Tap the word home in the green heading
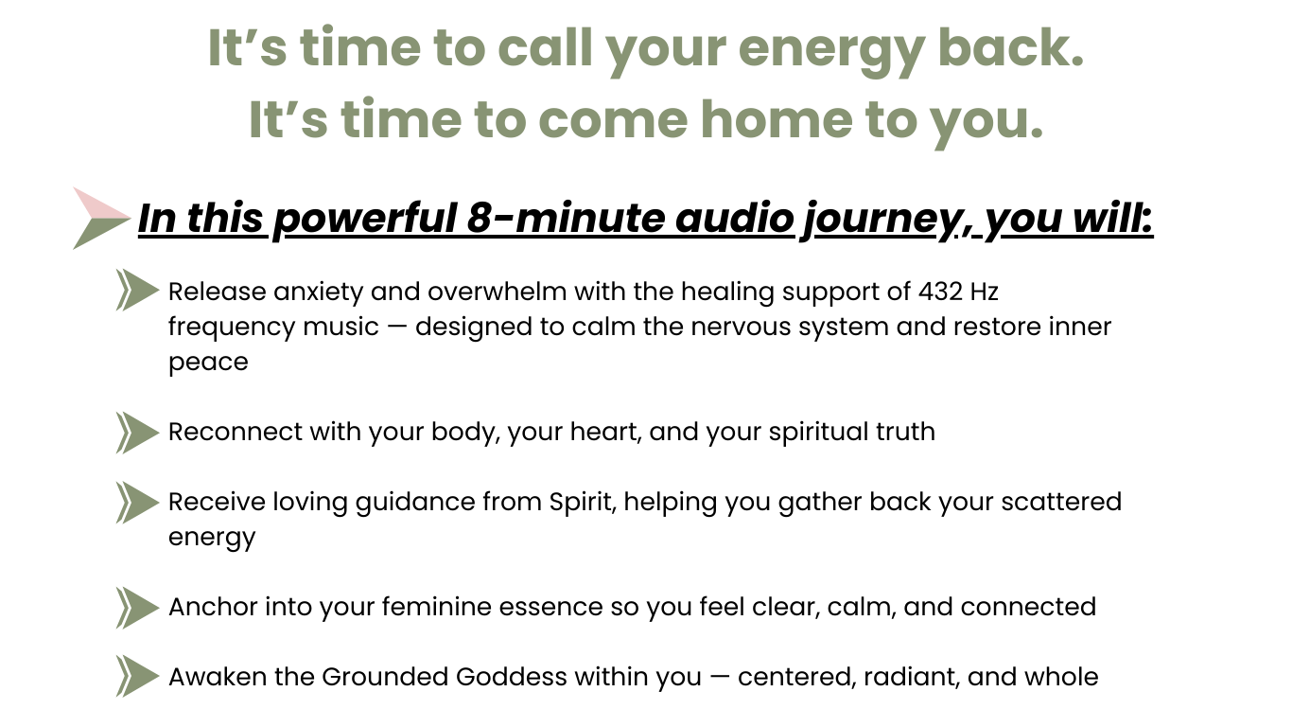777,120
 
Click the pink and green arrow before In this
101,218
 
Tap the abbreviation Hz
984,292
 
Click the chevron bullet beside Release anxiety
137,290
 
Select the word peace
208,363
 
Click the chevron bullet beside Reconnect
137,433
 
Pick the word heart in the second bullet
605,433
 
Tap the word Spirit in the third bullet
583,503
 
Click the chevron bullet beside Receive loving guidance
137,503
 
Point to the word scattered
1061,502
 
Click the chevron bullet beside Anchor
137,608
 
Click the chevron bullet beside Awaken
137,676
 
